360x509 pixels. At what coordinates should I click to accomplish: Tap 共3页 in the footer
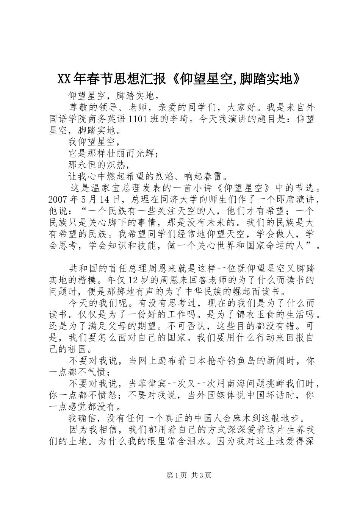(202, 475)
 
